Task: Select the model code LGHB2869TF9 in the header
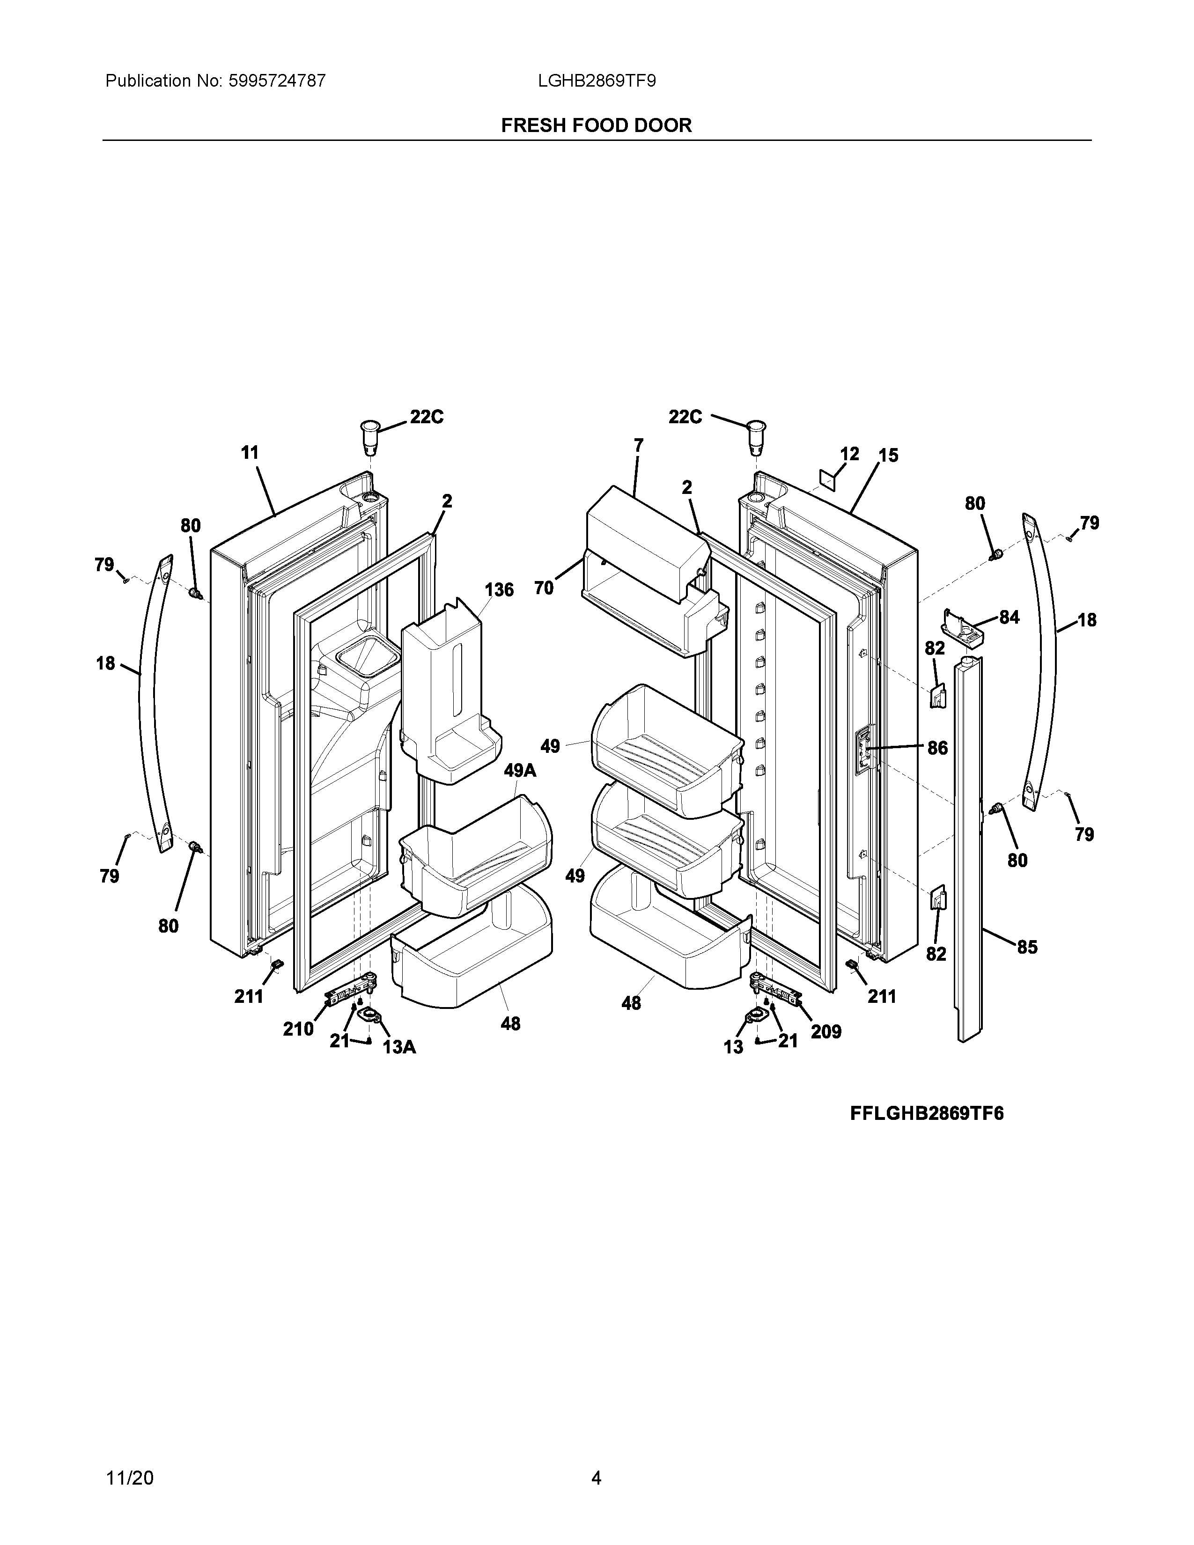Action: tap(596, 81)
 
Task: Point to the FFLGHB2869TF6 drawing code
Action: tap(927, 1113)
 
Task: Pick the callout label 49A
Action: tap(520, 770)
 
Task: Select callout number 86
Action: tap(937, 748)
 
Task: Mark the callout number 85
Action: tap(1027, 947)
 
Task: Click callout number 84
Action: tap(1009, 617)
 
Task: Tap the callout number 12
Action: tap(849, 454)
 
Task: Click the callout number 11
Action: tap(250, 452)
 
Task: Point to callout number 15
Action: tap(888, 455)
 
